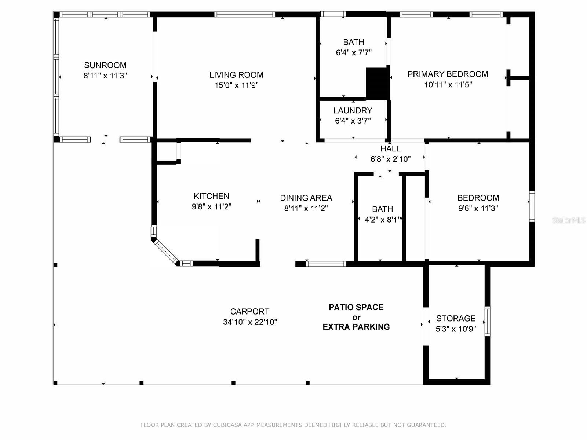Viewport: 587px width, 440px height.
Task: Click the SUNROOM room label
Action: (x=105, y=65)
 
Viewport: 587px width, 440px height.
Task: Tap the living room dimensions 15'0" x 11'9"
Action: (x=237, y=85)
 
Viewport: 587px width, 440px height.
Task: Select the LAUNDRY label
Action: (x=353, y=110)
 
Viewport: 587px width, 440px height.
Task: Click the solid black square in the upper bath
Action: (x=377, y=83)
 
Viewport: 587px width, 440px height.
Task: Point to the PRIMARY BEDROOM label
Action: (x=448, y=74)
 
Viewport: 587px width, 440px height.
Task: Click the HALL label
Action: (x=390, y=148)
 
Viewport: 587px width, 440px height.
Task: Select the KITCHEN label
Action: (x=211, y=196)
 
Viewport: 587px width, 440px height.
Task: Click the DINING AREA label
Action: (x=306, y=198)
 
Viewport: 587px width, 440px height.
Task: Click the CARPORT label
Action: (x=250, y=312)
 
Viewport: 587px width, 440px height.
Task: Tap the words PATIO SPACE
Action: (x=356, y=307)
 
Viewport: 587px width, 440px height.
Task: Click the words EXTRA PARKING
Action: (x=356, y=327)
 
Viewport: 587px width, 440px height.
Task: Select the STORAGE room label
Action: (x=456, y=318)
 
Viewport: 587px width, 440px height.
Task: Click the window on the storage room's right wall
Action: (x=487, y=322)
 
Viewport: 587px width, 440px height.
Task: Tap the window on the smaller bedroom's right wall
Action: (x=532, y=206)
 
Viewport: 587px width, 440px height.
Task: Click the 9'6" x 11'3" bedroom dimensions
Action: (x=478, y=208)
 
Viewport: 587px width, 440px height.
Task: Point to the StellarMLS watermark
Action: (x=569, y=220)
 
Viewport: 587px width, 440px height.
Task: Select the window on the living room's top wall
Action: (x=244, y=15)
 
